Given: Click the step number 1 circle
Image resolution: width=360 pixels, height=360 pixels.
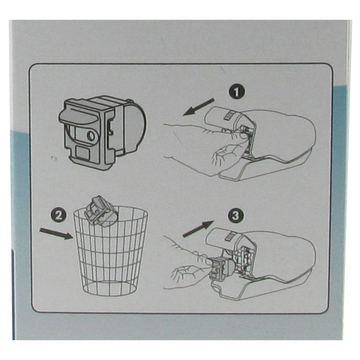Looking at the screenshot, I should tap(236, 88).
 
